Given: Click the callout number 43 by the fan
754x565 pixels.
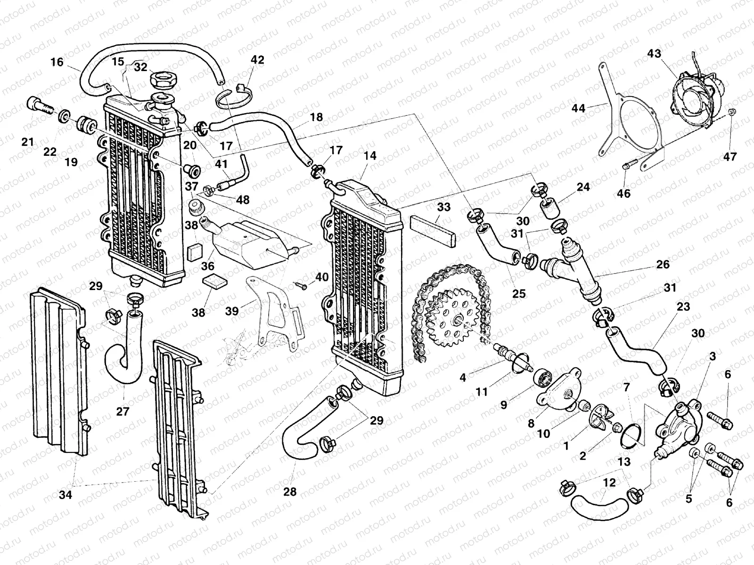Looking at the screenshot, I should [654, 54].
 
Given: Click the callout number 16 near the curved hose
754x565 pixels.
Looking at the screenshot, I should [57, 62].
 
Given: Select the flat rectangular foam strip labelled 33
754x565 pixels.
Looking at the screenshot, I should [432, 231].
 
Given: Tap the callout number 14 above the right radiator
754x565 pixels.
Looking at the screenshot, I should [370, 156].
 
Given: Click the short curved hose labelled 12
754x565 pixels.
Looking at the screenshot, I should [598, 505].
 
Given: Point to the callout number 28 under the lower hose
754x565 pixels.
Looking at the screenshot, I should [290, 492].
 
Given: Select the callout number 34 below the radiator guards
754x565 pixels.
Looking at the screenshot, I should [66, 494].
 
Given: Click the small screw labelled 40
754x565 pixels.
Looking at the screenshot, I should [302, 284].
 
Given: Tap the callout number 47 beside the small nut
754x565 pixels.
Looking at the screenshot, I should [729, 156].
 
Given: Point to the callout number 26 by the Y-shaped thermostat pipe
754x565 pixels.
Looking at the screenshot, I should [663, 264].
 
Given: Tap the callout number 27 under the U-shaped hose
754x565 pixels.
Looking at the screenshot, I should [123, 412].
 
